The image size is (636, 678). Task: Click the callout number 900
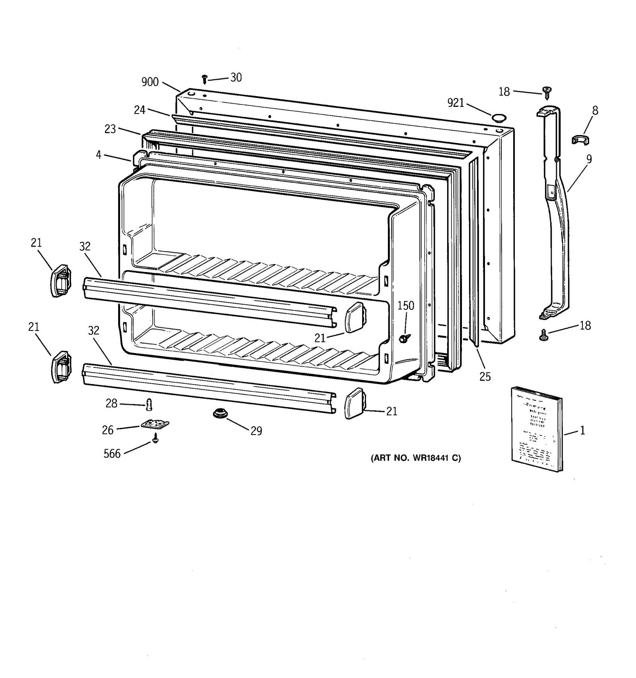click(150, 82)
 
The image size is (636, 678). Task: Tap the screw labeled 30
click(205, 79)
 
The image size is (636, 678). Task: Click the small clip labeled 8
click(580, 139)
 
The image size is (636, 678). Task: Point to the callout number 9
click(589, 159)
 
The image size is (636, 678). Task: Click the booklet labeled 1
click(537, 429)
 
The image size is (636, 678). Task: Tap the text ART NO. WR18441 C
click(416, 458)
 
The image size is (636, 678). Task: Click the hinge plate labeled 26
click(155, 424)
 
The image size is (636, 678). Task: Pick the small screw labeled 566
click(155, 438)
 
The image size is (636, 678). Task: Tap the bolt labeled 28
click(150, 405)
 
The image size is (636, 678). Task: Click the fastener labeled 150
click(405, 338)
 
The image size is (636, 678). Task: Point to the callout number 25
click(485, 377)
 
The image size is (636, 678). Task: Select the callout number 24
click(140, 110)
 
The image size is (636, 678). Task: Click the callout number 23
click(110, 129)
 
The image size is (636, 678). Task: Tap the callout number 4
click(99, 155)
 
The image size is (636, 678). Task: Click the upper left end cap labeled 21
click(60, 281)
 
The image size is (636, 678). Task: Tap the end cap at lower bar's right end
click(354, 403)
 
